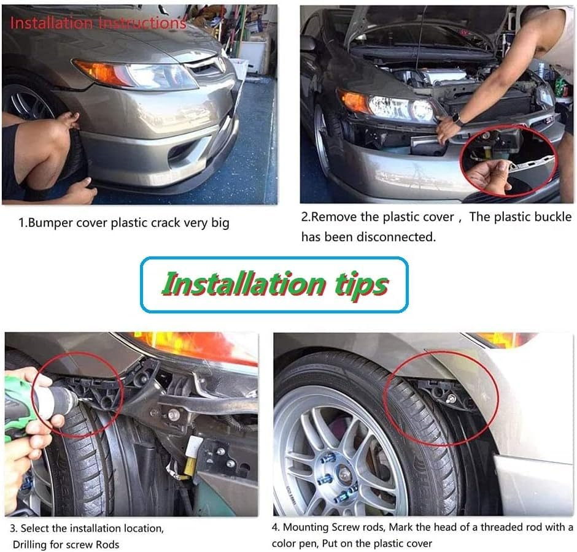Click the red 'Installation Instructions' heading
[98, 23]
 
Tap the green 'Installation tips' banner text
[275, 284]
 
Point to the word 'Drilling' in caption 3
[29, 544]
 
